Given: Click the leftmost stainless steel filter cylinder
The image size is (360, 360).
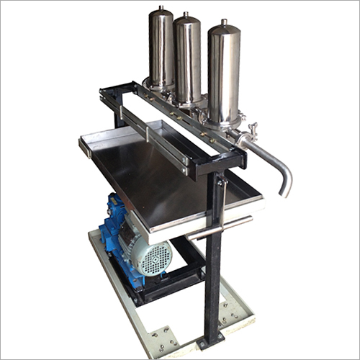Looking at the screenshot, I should click(x=161, y=50).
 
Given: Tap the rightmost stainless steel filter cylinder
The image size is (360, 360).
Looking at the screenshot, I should click(x=224, y=72).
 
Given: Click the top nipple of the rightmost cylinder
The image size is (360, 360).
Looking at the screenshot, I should click(x=224, y=22).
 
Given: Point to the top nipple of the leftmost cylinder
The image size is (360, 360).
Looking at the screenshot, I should click(x=161, y=8).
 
